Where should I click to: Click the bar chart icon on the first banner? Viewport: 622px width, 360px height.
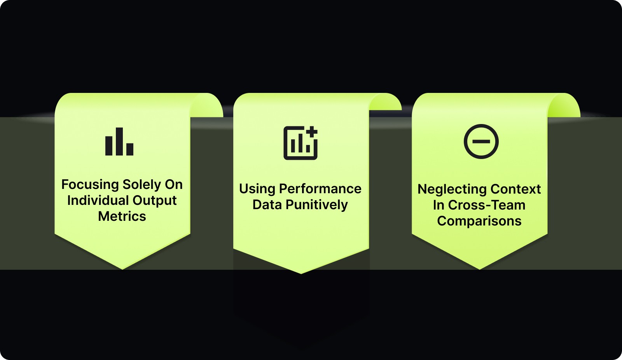coord(119,142)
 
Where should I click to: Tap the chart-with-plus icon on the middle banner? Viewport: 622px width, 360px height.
coord(301,143)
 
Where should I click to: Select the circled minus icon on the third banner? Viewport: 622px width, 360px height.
coord(481,142)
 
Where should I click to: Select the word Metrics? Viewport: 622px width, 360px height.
coord(122,217)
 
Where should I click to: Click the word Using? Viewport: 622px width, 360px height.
coord(257,189)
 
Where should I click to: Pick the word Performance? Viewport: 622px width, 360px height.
coord(320,189)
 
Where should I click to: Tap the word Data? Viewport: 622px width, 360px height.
coord(267,205)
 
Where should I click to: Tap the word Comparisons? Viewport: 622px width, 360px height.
coord(479,221)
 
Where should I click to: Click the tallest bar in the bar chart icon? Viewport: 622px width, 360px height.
coord(119,142)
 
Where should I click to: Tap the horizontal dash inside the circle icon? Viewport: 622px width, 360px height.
coord(481,142)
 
